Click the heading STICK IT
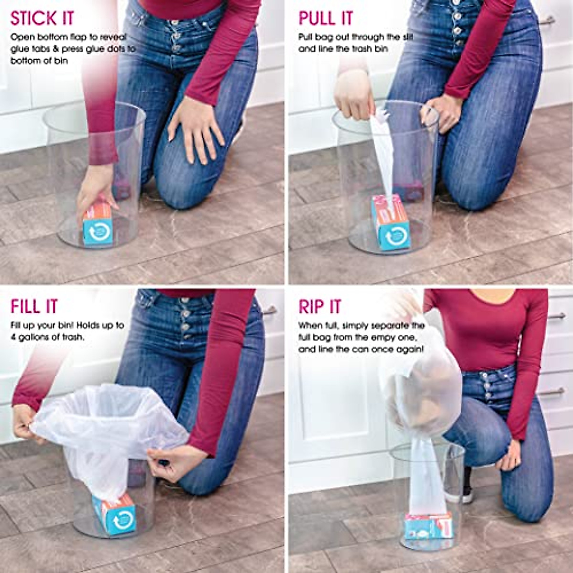(42, 18)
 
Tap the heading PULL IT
(326, 18)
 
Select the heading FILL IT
(34, 306)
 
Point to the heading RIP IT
(320, 306)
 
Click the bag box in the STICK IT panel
(98, 225)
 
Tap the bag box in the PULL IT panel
(391, 223)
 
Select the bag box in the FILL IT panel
(115, 514)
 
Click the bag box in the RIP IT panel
(428, 526)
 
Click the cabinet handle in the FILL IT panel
(269, 311)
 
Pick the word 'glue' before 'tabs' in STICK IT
(19, 49)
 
